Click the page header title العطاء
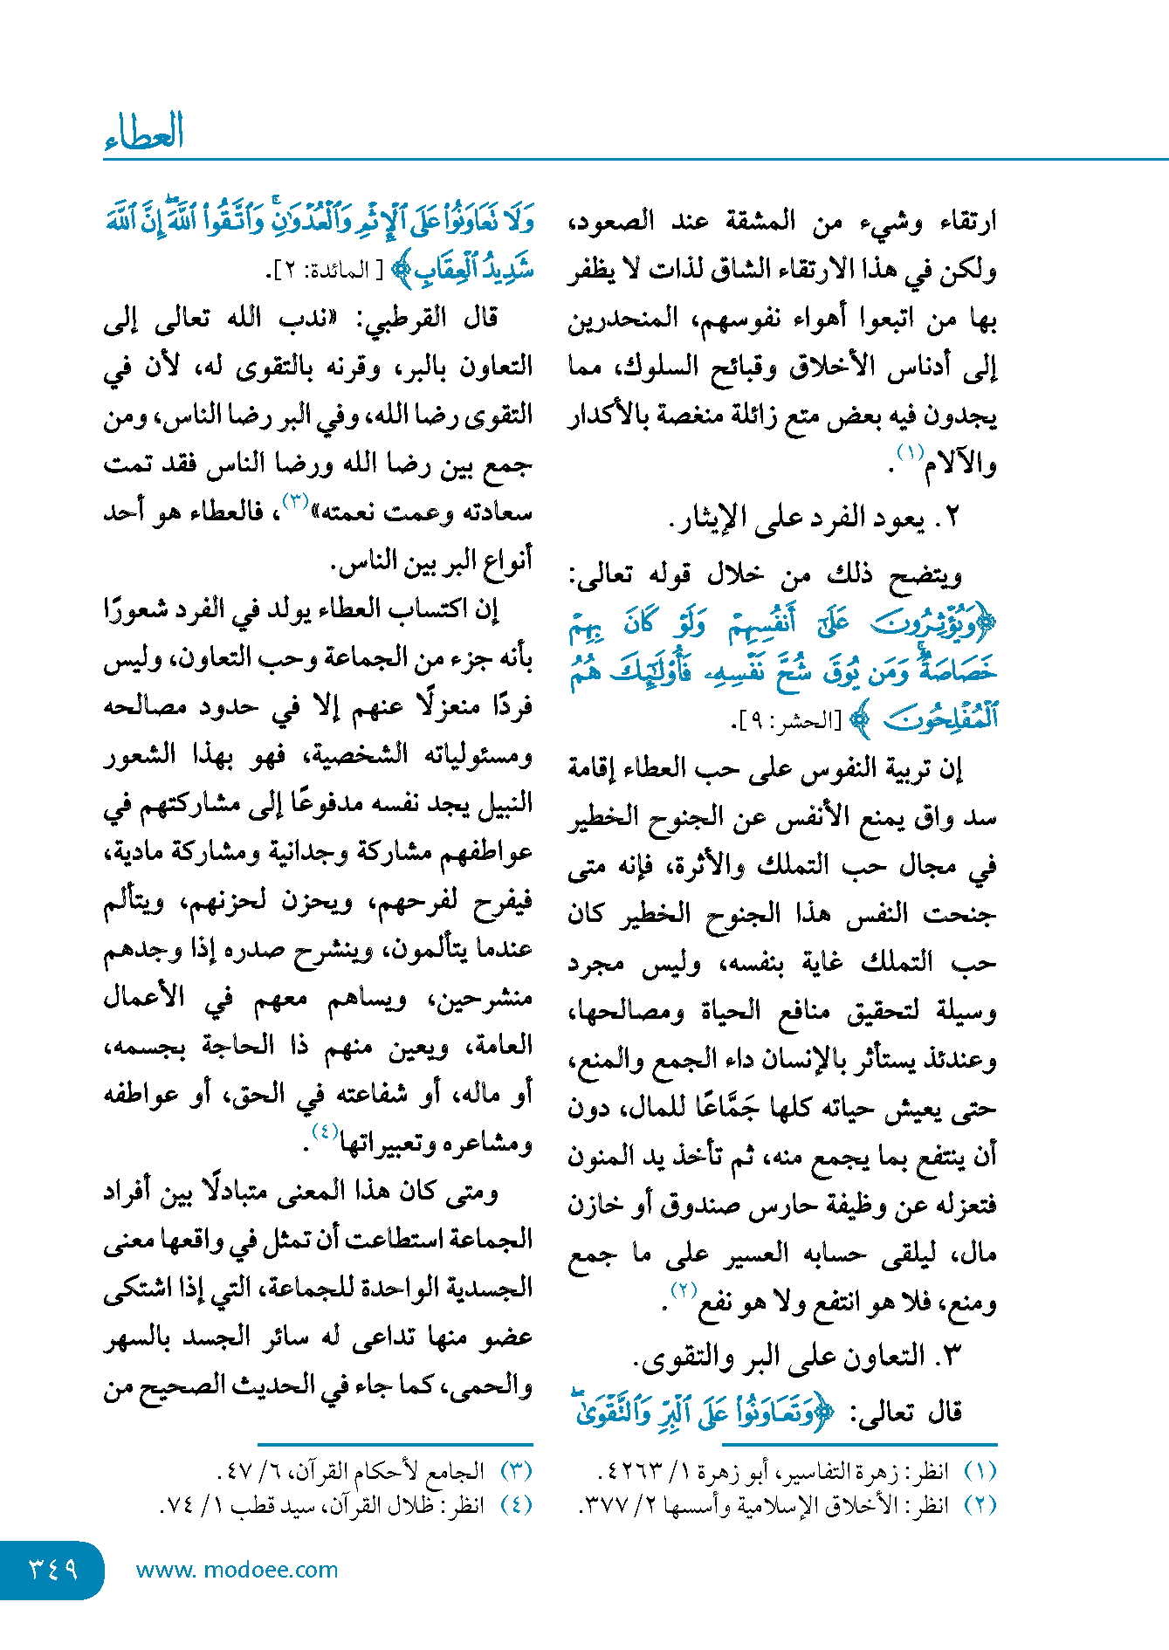coord(144,132)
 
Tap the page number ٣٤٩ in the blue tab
coord(53,1569)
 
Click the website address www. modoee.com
coord(237,1570)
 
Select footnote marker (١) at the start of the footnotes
coord(979,1471)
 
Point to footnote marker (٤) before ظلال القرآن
coord(515,1505)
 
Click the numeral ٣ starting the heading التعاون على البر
coord(952,1355)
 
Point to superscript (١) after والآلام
coord(911,452)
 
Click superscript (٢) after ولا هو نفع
coord(682,1289)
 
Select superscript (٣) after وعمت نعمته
coord(294,500)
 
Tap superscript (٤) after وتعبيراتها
coord(324,1131)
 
